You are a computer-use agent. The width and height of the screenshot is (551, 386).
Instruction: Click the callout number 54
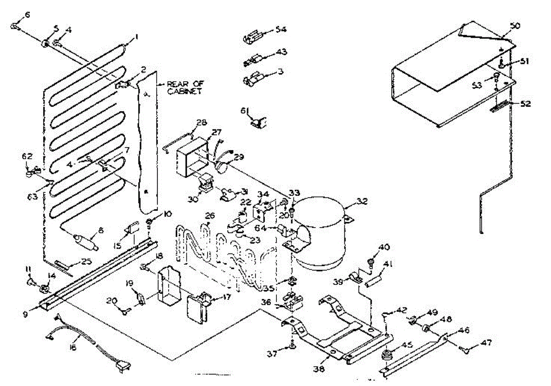(281, 29)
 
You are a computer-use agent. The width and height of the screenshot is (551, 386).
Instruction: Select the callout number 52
(525, 104)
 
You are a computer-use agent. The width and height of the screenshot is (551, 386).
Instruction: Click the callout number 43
(281, 53)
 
